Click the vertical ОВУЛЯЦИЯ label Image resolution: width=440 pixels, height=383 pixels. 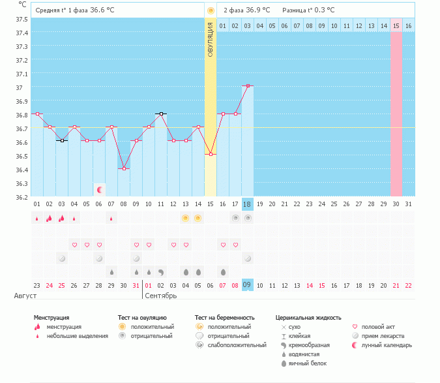coord(210,39)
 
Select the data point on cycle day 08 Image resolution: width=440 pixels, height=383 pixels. coord(124,168)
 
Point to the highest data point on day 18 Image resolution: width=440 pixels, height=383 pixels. coord(248,85)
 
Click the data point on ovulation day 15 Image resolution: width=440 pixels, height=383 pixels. coord(211,154)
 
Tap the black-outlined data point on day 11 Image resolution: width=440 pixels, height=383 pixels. coord(161,114)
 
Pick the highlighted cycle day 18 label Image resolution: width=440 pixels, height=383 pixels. coord(247,204)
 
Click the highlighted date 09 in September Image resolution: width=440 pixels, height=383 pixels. coord(247,285)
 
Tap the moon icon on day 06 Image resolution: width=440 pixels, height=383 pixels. coord(100,189)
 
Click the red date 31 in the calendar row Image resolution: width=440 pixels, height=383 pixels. coord(136,285)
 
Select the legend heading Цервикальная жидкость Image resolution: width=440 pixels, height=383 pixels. coord(308,318)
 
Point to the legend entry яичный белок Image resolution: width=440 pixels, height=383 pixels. coord(307,363)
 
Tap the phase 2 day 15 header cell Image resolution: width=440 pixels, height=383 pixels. coord(396,25)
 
